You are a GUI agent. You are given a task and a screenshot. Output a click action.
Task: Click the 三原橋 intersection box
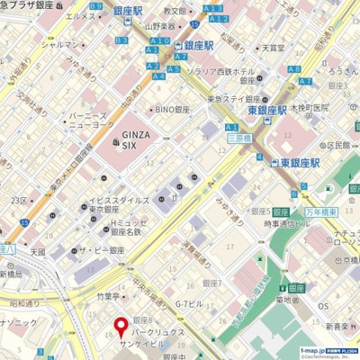click(239, 139)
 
